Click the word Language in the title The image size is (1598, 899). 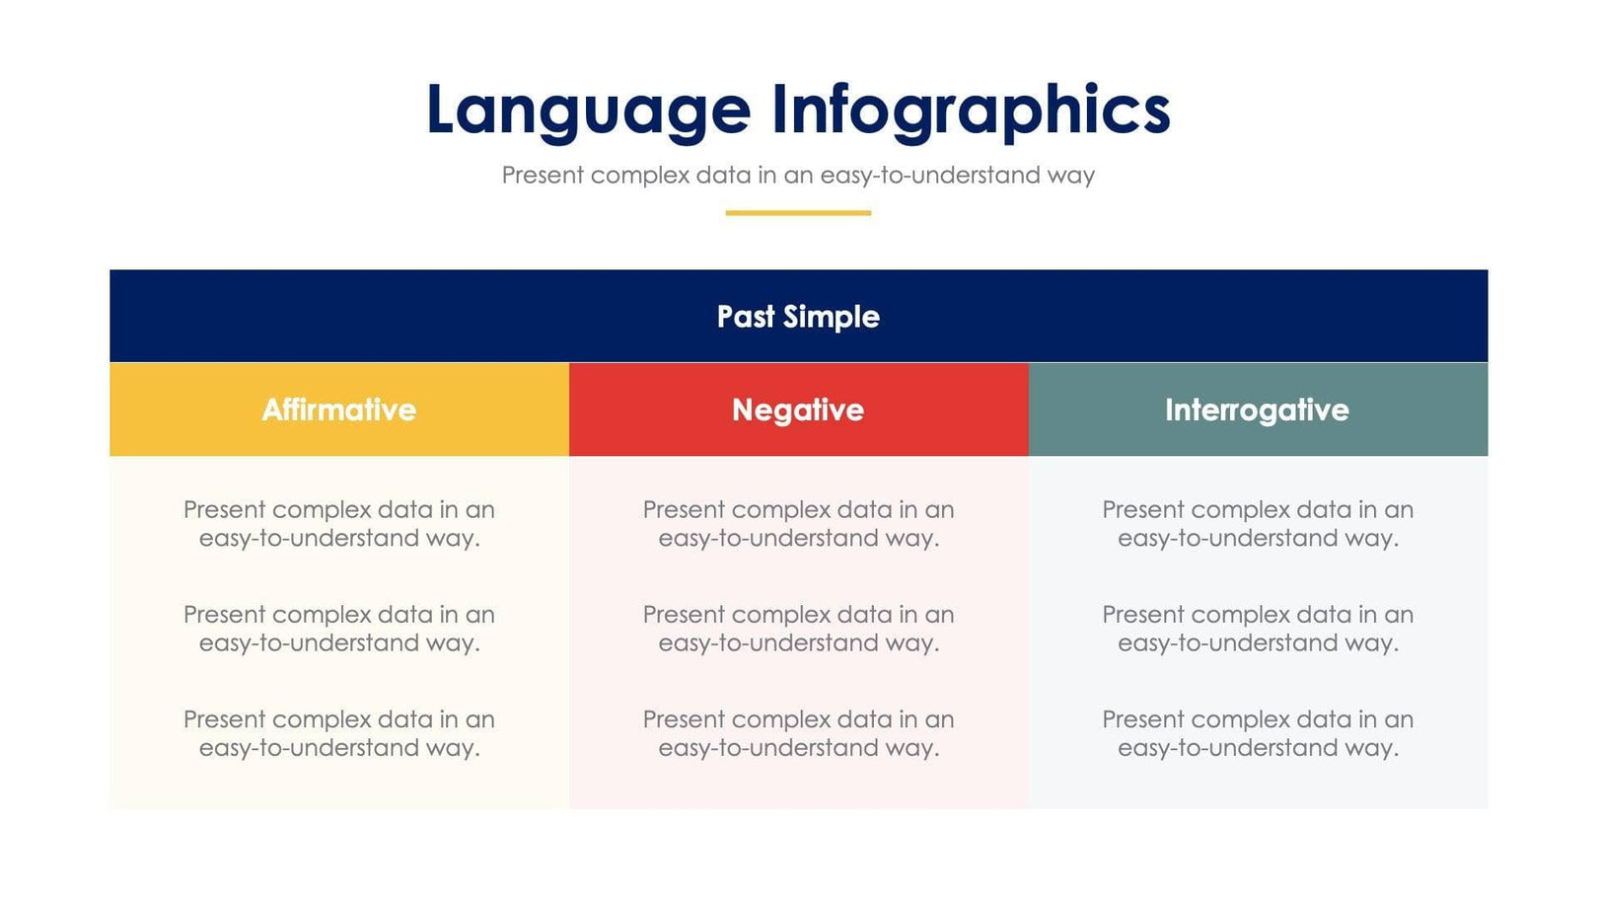588,111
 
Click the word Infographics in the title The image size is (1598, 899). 971,111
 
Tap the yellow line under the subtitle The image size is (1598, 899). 798,212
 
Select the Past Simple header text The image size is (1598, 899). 798,317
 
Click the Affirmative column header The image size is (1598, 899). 339,410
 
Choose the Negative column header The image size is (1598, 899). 798,410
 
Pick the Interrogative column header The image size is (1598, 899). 1257,410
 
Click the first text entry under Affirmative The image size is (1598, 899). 339,524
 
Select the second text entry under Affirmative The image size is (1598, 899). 339,629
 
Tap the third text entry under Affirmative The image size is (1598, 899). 339,733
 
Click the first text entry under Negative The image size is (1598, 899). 798,524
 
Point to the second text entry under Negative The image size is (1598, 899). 798,629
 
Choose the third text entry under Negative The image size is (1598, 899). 798,733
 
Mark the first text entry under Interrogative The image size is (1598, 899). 1258,524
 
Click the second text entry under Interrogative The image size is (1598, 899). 1258,629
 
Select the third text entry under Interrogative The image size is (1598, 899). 1258,733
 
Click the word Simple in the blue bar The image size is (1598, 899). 831,317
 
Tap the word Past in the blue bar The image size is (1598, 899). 746,317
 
